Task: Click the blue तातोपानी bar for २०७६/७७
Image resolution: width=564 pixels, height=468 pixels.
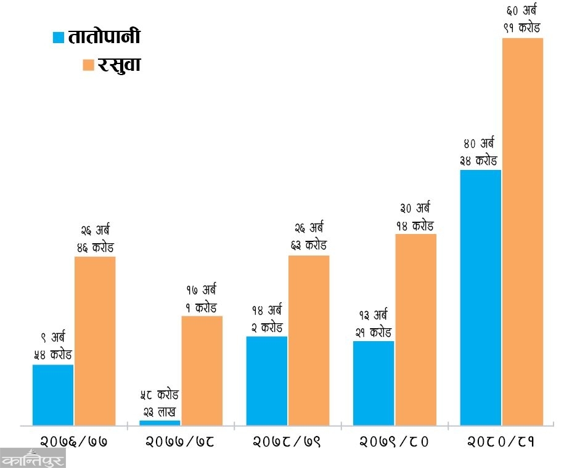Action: pyautogui.click(x=53, y=394)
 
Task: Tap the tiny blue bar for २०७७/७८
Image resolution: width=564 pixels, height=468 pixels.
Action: pyautogui.click(x=160, y=422)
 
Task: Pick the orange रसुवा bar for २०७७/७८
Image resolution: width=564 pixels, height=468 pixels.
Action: pyautogui.click(x=202, y=370)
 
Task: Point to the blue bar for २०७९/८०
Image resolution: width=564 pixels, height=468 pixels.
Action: pyautogui.click(x=373, y=382)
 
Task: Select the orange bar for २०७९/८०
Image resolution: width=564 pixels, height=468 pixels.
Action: pyautogui.click(x=415, y=329)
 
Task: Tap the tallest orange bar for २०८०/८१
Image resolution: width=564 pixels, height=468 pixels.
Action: pyautogui.click(x=523, y=232)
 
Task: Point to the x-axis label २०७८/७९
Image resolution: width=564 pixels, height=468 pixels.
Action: pyautogui.click(x=287, y=442)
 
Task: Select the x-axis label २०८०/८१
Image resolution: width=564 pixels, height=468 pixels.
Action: pyautogui.click(x=500, y=442)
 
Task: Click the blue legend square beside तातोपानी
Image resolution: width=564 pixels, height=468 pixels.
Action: pyautogui.click(x=59, y=38)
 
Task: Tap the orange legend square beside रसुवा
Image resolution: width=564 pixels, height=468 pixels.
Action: pyautogui.click(x=88, y=65)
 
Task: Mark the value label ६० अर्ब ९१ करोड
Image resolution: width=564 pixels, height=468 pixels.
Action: pyautogui.click(x=521, y=20)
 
